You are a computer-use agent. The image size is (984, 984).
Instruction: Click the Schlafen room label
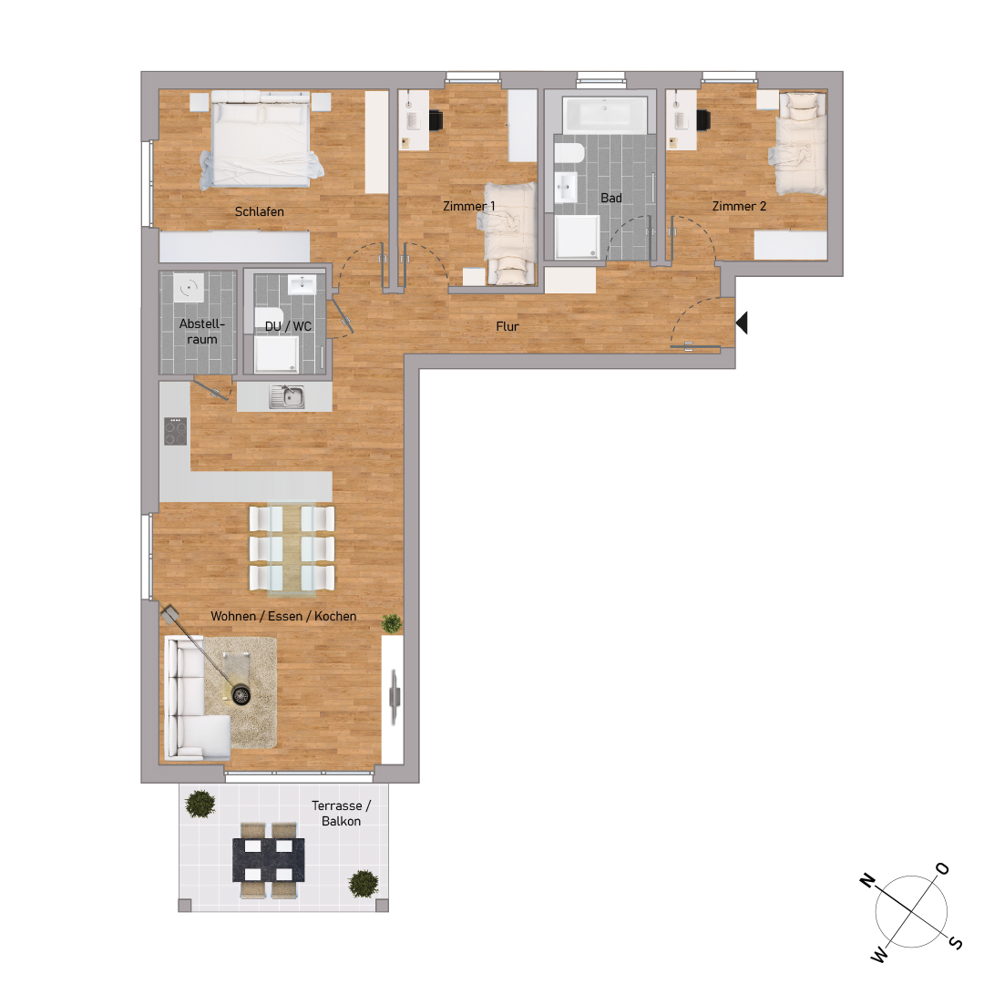[x=260, y=211]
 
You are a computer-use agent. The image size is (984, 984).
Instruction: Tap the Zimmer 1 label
[x=468, y=207]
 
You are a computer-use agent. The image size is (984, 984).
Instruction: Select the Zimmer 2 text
[x=739, y=207]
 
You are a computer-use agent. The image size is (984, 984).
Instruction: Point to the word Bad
[x=610, y=198]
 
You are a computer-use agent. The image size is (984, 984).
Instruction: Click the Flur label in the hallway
[x=507, y=326]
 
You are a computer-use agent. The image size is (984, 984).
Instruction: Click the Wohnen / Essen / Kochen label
[x=283, y=617]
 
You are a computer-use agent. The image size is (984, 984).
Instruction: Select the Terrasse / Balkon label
[x=342, y=814]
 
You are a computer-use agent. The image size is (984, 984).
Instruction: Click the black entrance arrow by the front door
[x=742, y=323]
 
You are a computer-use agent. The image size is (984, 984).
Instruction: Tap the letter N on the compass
[x=868, y=880]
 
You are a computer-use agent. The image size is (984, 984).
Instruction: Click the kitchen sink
[x=287, y=396]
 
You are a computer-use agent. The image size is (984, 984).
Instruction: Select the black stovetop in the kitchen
[x=175, y=431]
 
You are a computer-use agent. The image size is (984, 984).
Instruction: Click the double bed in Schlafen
[x=261, y=138]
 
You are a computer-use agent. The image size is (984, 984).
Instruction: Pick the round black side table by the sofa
[x=241, y=695]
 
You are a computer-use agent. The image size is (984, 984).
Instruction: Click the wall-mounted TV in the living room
[x=393, y=697]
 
